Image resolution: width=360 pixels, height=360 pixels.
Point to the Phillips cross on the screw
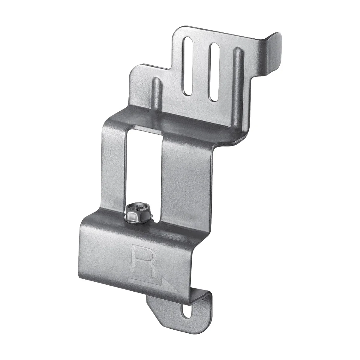click(x=139, y=208)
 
